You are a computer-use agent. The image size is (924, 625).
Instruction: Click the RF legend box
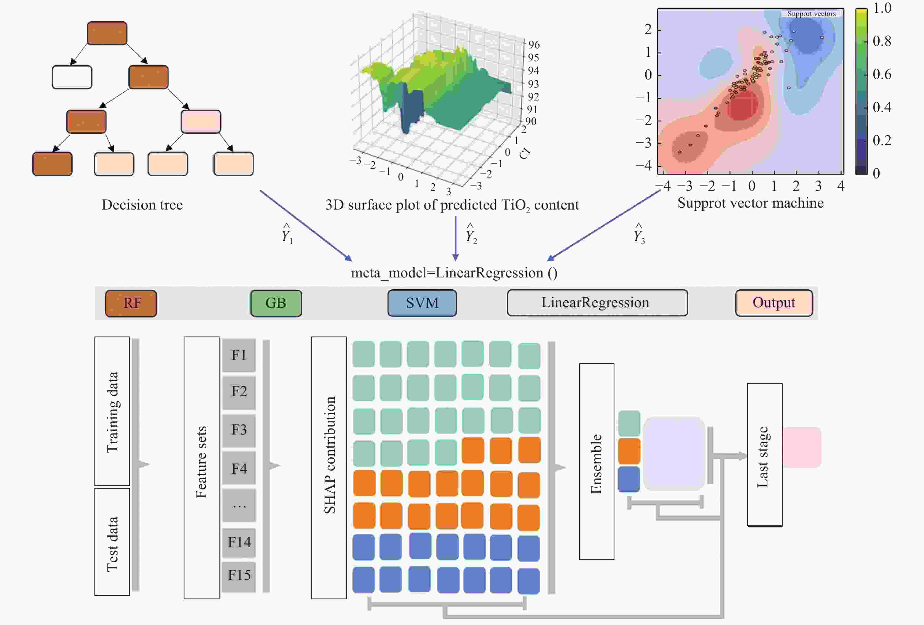click(x=131, y=303)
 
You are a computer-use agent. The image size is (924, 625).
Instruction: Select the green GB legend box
click(x=276, y=303)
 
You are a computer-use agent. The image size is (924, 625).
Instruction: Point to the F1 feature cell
click(x=239, y=355)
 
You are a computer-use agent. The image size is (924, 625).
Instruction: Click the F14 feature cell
click(x=239, y=542)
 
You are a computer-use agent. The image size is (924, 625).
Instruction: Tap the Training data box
click(x=112, y=411)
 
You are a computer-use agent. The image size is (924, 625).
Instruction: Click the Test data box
click(x=112, y=542)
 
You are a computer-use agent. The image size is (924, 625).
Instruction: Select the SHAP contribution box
click(x=329, y=468)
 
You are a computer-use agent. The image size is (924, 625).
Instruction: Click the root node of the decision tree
click(x=107, y=33)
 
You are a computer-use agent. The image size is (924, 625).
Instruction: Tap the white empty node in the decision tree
click(x=72, y=77)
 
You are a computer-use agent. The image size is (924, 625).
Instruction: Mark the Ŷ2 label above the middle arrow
click(x=471, y=234)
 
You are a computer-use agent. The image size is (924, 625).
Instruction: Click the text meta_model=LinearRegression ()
click(x=454, y=273)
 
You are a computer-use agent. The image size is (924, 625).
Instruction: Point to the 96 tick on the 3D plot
click(x=534, y=44)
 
